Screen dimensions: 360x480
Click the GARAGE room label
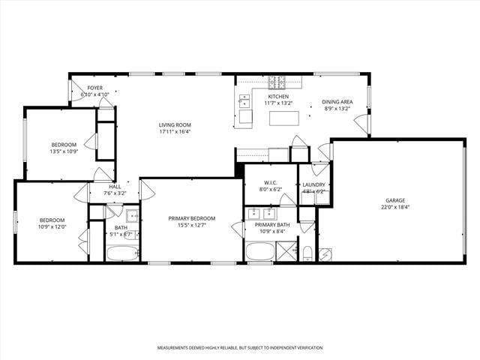(395, 200)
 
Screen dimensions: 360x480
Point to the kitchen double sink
(244, 102)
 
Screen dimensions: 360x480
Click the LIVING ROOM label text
(175, 124)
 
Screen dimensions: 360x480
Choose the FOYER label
(95, 88)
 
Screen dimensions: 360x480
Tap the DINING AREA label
(337, 101)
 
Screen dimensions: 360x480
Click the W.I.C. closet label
(271, 182)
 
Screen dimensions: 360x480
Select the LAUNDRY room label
(313, 184)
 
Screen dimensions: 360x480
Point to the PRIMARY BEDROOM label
(191, 218)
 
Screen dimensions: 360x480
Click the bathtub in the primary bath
(260, 251)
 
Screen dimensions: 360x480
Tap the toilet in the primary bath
(308, 252)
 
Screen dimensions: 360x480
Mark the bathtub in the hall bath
(120, 253)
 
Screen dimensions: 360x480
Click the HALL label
(115, 187)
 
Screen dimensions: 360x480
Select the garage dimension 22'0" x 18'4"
(395, 208)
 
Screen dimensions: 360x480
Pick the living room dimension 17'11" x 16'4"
(175, 132)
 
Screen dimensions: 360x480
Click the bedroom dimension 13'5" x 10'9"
(64, 151)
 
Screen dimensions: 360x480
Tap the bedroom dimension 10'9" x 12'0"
(52, 226)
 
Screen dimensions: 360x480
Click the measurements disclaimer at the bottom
(240, 348)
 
